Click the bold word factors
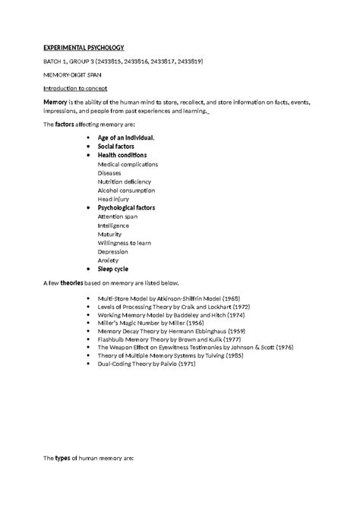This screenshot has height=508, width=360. click(x=68, y=125)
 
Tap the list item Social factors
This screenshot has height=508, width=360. click(x=116, y=147)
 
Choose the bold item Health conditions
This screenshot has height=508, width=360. click(x=122, y=156)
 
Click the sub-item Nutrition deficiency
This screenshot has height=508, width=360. click(x=125, y=181)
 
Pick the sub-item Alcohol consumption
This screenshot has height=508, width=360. click(x=126, y=191)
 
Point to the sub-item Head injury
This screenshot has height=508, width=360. click(x=113, y=199)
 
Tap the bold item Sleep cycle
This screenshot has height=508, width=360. click(x=112, y=269)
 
